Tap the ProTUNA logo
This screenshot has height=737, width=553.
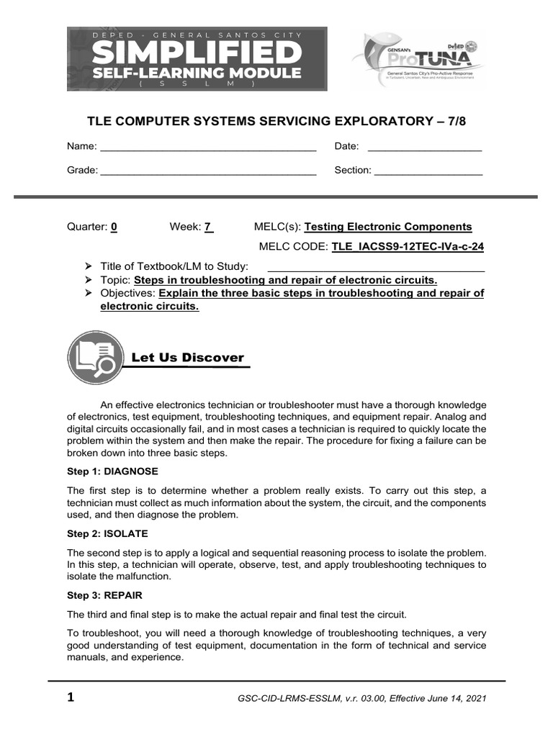[x=418, y=60]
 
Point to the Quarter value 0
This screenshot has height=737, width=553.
[x=114, y=227]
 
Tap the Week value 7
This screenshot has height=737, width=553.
[x=207, y=227]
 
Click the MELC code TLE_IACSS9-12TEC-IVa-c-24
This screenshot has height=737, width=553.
[x=408, y=246]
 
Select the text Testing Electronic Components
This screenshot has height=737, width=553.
[x=388, y=227]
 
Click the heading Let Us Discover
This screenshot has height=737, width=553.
[x=187, y=358]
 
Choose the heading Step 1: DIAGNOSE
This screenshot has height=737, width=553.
[x=112, y=471]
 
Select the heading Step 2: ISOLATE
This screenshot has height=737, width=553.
[x=107, y=533]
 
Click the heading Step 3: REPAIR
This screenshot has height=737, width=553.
[x=105, y=595]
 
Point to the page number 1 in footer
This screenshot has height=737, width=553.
[x=71, y=697]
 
